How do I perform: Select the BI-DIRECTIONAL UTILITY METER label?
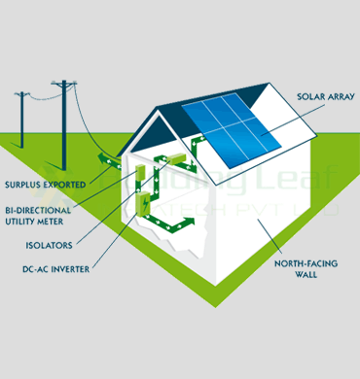coord(40,215)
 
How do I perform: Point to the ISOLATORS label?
coord(47,246)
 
